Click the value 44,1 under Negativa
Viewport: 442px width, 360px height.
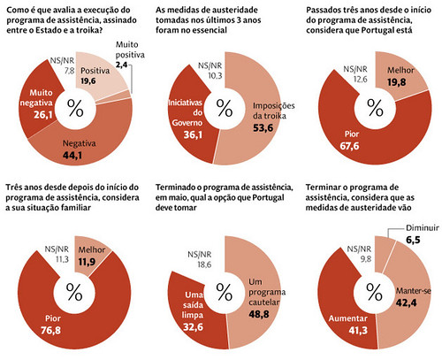tap(72, 156)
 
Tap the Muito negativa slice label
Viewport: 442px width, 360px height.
tap(37, 98)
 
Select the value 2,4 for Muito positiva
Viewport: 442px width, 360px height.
tap(121, 65)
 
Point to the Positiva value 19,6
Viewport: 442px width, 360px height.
tap(88, 80)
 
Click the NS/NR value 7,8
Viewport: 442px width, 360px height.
tap(70, 71)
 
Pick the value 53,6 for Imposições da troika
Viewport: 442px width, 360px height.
tap(263, 128)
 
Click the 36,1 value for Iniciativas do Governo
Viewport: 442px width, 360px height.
tap(193, 134)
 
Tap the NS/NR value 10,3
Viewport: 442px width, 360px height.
tap(215, 76)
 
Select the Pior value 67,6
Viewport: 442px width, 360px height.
tap(349, 146)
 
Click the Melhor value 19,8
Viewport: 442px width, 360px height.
tap(396, 82)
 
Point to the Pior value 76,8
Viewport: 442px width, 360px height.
tap(50, 330)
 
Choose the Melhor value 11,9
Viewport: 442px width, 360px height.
tap(87, 262)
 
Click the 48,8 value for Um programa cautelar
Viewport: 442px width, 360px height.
tap(259, 314)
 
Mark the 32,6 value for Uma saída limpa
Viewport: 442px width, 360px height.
tap(193, 327)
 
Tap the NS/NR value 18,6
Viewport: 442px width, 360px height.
tap(204, 264)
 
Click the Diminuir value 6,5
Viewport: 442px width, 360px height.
tap(413, 240)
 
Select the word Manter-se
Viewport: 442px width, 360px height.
tap(414, 291)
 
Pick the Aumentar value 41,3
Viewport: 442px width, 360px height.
tap(358, 331)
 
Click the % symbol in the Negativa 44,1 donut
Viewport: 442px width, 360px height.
tap(75, 108)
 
